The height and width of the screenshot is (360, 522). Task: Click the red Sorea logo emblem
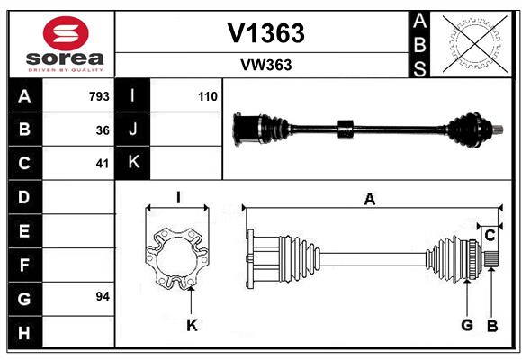(x=66, y=33)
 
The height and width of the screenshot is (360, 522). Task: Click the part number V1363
(x=265, y=33)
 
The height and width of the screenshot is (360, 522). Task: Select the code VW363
(x=266, y=65)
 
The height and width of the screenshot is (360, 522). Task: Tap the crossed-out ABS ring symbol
(x=475, y=44)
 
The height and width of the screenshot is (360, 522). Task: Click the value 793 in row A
(x=99, y=96)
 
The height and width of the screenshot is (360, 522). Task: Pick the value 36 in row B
(x=103, y=130)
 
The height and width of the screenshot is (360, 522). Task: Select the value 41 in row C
(x=103, y=164)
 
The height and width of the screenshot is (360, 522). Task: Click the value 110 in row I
(x=208, y=96)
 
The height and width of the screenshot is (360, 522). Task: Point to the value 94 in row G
(x=103, y=296)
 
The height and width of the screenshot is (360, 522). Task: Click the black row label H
(x=24, y=333)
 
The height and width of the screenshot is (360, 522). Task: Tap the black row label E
(x=24, y=230)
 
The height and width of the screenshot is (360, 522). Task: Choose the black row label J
(x=132, y=129)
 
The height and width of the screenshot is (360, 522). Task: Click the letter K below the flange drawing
(x=192, y=325)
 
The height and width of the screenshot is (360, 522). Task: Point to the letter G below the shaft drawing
(x=467, y=325)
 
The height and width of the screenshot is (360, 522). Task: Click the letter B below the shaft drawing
(x=492, y=326)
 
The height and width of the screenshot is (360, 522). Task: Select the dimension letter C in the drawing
(x=490, y=236)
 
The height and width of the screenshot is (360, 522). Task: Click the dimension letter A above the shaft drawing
(x=370, y=199)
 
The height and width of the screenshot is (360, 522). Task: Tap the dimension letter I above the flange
(x=178, y=197)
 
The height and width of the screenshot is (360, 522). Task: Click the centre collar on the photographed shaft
(x=346, y=130)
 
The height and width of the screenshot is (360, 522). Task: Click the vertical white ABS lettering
(x=419, y=45)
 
